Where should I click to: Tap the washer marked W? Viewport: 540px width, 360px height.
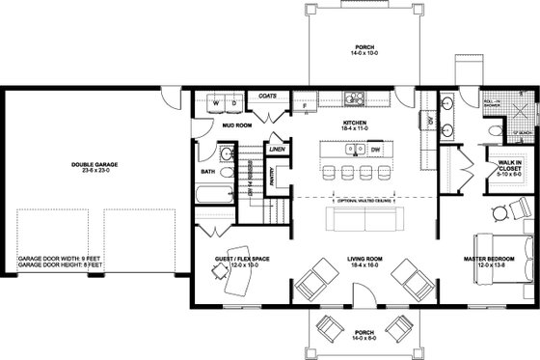[x=216, y=101]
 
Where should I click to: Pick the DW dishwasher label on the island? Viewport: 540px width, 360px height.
[x=375, y=151]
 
